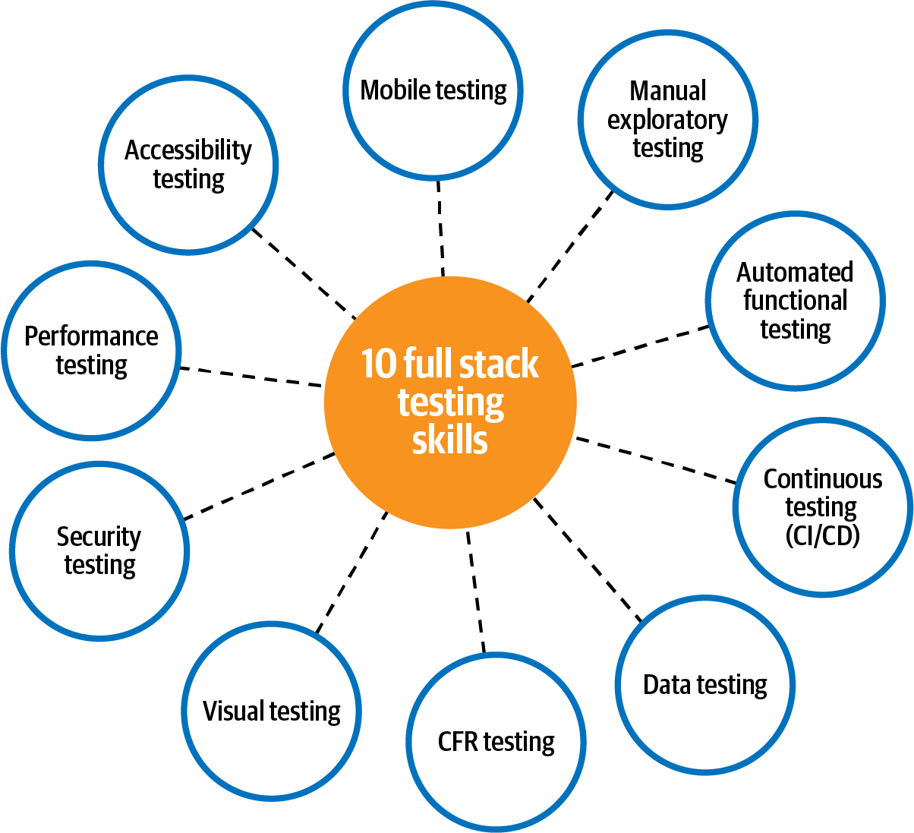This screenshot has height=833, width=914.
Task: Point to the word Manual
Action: click(668, 91)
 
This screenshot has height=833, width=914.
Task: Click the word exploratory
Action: click(667, 120)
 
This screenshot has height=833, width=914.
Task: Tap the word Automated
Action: click(795, 272)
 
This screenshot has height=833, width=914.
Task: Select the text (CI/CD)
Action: click(822, 536)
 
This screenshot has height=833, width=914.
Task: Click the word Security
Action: click(99, 537)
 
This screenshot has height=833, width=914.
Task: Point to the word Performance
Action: click(91, 336)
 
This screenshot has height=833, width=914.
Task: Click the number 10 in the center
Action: click(378, 364)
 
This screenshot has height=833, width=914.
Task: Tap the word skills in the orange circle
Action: click(449, 440)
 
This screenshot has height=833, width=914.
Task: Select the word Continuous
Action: click(823, 479)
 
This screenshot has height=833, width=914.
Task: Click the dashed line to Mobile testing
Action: click(440, 228)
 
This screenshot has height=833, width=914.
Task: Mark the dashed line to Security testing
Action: click(259, 486)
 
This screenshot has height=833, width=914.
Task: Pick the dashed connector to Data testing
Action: click(588, 559)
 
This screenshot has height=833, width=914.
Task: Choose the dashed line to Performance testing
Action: click(251, 377)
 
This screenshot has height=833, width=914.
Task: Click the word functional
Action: click(795, 301)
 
